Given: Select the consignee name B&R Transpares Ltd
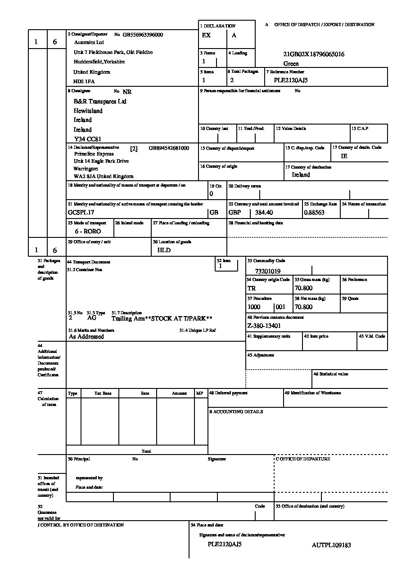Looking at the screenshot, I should [x=100, y=102].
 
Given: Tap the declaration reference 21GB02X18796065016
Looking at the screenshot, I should [x=314, y=54].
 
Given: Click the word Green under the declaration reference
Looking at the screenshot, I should [x=291, y=64].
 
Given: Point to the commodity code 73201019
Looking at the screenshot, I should [x=267, y=272].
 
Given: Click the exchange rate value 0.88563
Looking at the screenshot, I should [x=314, y=213].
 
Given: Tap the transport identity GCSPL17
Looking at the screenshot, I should [x=81, y=212].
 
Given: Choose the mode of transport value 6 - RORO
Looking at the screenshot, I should [x=88, y=231].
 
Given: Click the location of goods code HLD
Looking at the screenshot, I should [x=164, y=250].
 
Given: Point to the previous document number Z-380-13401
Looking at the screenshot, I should [x=264, y=326].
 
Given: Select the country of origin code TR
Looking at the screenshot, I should [x=252, y=289].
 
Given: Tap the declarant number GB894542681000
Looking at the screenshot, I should [x=169, y=148].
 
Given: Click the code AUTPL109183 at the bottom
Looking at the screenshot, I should [x=331, y=545].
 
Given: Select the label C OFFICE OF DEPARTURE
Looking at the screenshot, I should [x=303, y=459].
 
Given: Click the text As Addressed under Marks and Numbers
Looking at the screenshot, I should [x=86, y=337].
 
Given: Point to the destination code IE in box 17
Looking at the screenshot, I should [x=344, y=156].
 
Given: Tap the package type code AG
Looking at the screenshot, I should [x=92, y=317].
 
